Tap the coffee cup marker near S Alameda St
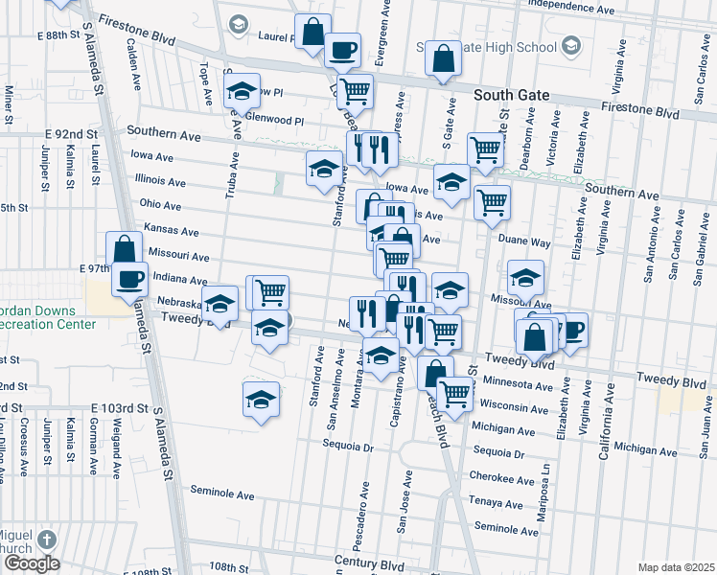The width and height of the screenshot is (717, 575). [130, 280]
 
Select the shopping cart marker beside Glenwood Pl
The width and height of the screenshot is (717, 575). [355, 92]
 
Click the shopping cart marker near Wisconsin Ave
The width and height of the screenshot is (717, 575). [455, 392]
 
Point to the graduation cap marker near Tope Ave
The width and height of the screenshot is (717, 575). [243, 92]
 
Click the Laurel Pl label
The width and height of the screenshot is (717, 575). [274, 40]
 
